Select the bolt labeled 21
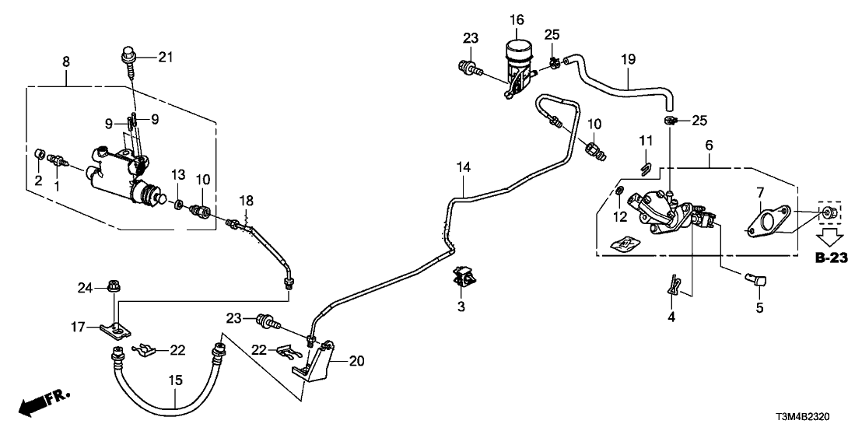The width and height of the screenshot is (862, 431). coord(128,58)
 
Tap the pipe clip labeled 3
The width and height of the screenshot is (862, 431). coord(464,278)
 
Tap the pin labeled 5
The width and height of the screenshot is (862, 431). coord(756,280)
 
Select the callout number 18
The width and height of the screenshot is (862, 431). coord(247,201)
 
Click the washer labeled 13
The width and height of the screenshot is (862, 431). coord(177,205)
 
